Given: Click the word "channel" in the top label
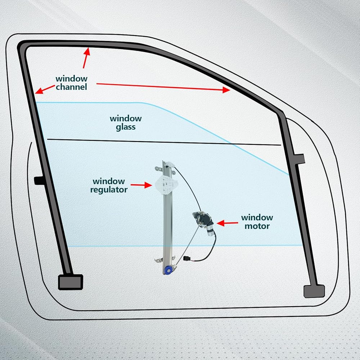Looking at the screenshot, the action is (x=71, y=87).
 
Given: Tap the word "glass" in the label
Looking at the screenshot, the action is (x=126, y=127).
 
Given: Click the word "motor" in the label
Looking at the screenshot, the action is (x=257, y=226).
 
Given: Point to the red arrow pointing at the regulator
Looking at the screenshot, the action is (x=141, y=185).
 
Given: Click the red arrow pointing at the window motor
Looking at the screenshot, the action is (x=226, y=223).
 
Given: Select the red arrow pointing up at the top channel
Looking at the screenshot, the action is (x=86, y=58).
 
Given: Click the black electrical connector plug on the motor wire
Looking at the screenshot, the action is (x=187, y=259).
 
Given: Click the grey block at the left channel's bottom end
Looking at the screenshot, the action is (x=70, y=282).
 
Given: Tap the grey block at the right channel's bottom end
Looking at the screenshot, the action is (x=314, y=291).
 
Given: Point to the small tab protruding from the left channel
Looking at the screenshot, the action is (x=38, y=180).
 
